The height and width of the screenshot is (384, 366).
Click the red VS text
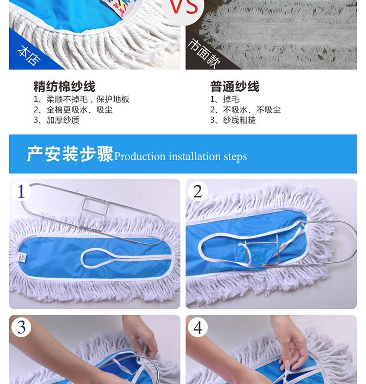[x=184, y=7]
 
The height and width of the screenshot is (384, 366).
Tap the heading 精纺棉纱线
[x=64, y=86]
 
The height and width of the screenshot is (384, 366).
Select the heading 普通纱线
[x=235, y=86]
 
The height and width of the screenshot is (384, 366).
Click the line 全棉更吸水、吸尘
[x=73, y=110]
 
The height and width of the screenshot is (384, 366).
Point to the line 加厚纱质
[x=57, y=120]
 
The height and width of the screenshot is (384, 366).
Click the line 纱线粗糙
[x=233, y=120]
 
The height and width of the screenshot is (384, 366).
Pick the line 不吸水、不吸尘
[x=245, y=110]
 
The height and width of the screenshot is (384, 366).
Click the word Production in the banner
[x=140, y=156]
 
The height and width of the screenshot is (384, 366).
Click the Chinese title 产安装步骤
[x=70, y=154]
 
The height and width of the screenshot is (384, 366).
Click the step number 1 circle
[x=21, y=191]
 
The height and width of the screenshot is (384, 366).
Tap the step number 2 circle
[x=198, y=191]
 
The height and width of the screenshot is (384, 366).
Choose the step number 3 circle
[x=21, y=327]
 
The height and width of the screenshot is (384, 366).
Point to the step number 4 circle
[x=198, y=327]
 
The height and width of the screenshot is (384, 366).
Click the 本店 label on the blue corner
[x=29, y=56]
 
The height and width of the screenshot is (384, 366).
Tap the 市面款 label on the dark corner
[x=205, y=53]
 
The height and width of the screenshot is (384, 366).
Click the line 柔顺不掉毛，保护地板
[x=81, y=99]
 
